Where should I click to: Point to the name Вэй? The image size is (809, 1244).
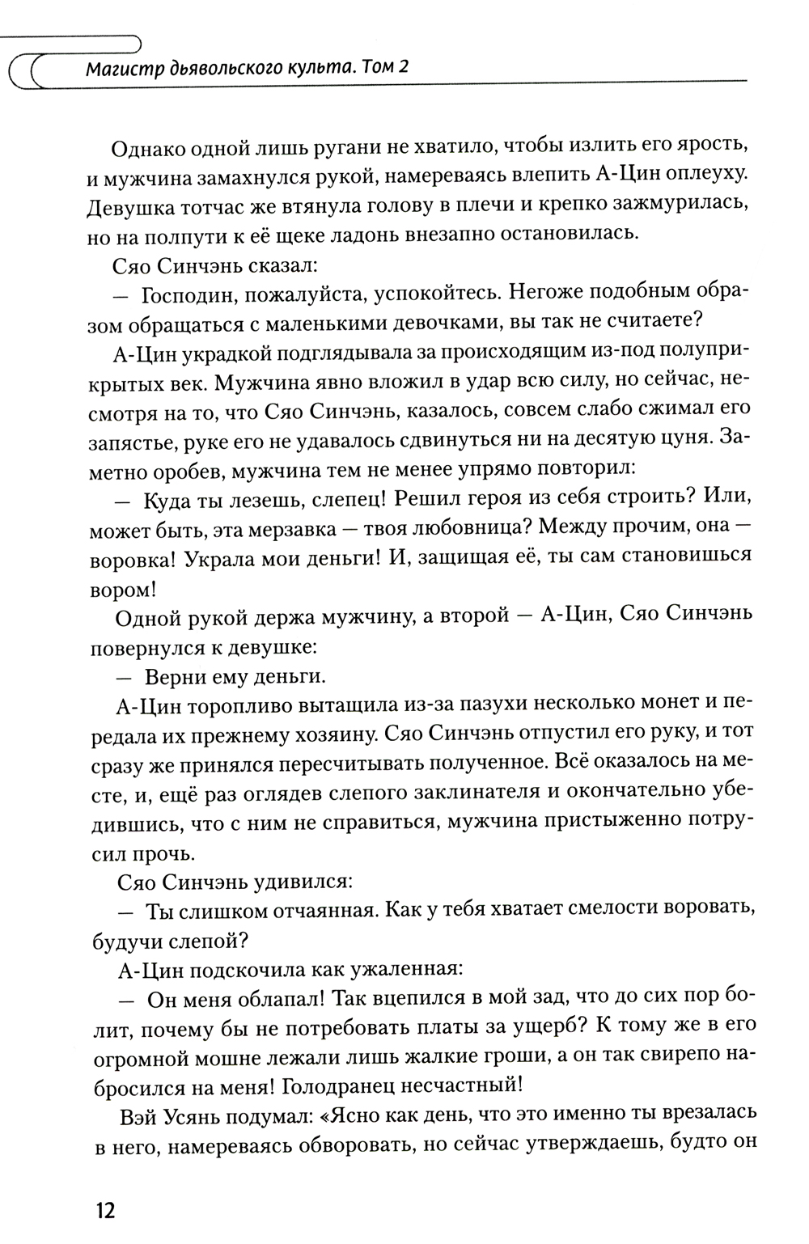point(137,1113)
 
